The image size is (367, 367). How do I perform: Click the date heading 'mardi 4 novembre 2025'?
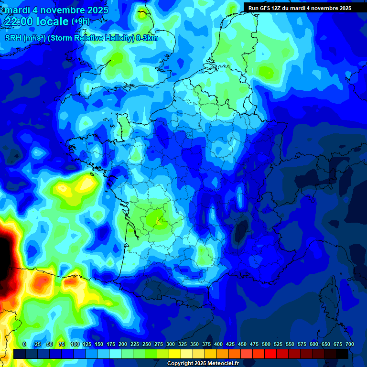[x=57, y=10]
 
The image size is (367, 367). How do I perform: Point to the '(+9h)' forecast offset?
[x=80, y=22]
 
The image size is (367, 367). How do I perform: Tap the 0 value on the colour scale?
[x=24, y=344]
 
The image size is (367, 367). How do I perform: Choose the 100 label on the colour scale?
[x=75, y=344]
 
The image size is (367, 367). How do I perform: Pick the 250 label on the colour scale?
[x=147, y=344]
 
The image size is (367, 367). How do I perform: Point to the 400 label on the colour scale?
[x=218, y=344]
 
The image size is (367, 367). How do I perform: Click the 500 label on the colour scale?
[x=266, y=344]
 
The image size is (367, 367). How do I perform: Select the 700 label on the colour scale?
[x=349, y=344]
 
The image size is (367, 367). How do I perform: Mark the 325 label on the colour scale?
[x=183, y=344]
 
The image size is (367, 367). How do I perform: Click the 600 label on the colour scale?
[x=314, y=344]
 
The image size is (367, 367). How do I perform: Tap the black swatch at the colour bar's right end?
[x=342, y=354]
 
